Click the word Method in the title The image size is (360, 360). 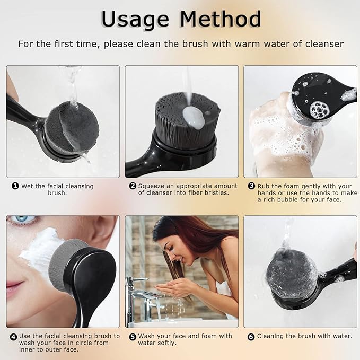(221, 19)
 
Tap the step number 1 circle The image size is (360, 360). (15, 186)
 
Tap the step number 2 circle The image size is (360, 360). (133, 186)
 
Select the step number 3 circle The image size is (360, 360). (251, 186)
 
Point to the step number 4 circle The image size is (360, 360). (13, 336)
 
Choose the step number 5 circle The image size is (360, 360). (133, 336)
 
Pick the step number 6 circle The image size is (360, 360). (251, 336)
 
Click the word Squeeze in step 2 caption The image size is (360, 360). (153, 186)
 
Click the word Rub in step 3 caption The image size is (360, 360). (264, 186)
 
